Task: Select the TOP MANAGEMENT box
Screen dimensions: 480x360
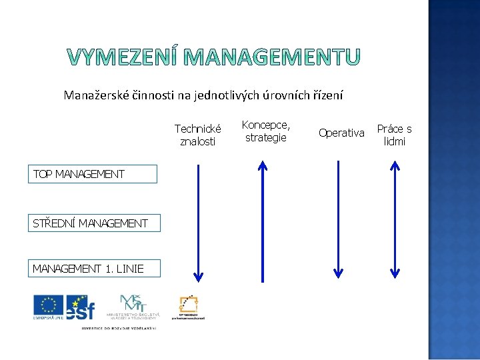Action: pyautogui.click(x=92, y=174)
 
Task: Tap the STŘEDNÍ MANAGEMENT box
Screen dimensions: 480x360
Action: pyautogui.click(x=93, y=223)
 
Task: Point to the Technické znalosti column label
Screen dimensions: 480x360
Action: pyautogui.click(x=197, y=135)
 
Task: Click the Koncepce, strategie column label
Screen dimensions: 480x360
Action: pyautogui.click(x=265, y=131)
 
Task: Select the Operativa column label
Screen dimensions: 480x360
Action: pyautogui.click(x=341, y=133)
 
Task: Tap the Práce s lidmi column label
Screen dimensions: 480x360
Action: pyautogui.click(x=395, y=135)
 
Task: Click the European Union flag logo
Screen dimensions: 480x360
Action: pyautogui.click(x=49, y=307)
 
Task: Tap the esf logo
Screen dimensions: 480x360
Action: pyautogui.click(x=81, y=307)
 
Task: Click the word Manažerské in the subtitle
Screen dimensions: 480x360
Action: pyautogui.click(x=93, y=95)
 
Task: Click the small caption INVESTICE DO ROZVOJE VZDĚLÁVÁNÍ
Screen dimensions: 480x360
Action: pyautogui.click(x=119, y=328)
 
